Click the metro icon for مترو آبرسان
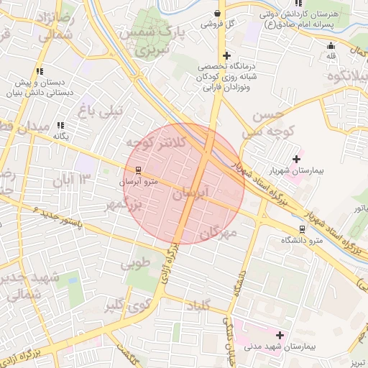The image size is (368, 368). click(x=138, y=170)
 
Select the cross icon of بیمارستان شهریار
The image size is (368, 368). click(x=296, y=158)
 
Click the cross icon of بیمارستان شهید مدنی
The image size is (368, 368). click(x=280, y=335)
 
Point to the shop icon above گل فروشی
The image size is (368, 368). click(x=217, y=12)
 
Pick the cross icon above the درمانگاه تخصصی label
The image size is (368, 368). click(x=227, y=55)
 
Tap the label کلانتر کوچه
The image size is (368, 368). click(x=155, y=142)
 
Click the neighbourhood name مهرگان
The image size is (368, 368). click(x=218, y=232)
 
